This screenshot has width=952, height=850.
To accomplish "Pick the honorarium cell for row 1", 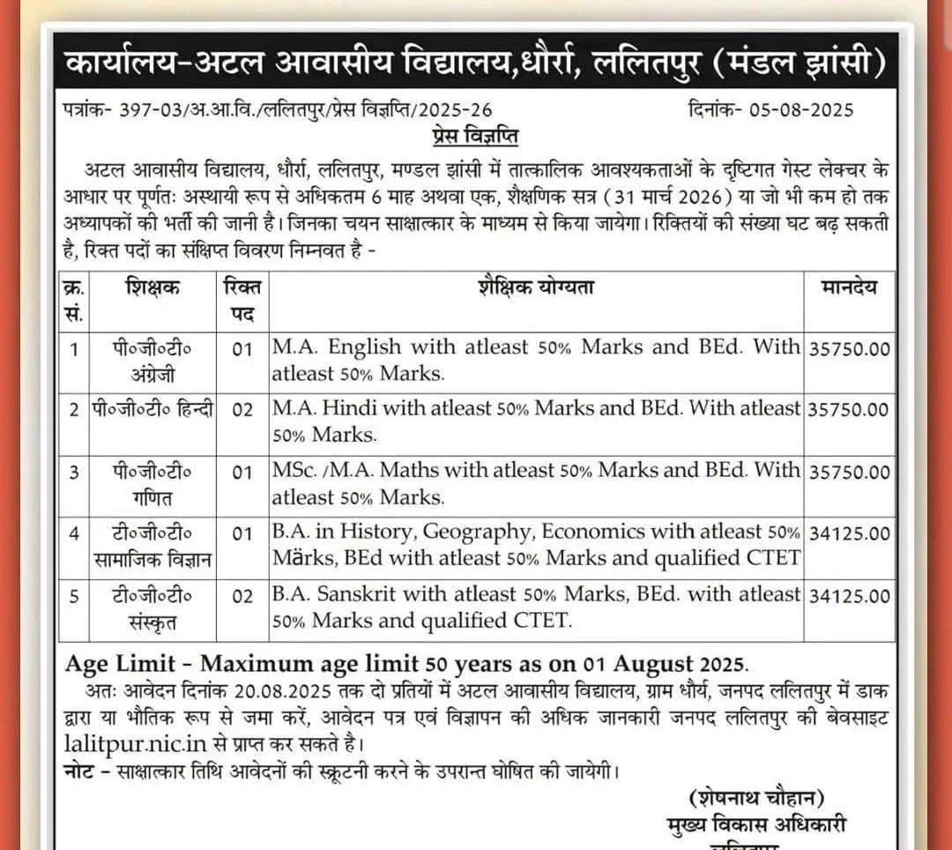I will tap(849, 348).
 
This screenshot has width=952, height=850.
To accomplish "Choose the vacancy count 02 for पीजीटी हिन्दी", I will tap(242, 410).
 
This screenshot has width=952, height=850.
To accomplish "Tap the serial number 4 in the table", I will tap(75, 533).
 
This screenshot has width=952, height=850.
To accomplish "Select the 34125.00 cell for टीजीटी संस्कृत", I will tap(849, 595).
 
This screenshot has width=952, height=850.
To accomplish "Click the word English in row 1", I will tap(364, 347).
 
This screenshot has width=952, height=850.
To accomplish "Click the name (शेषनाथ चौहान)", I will tap(756, 799).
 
